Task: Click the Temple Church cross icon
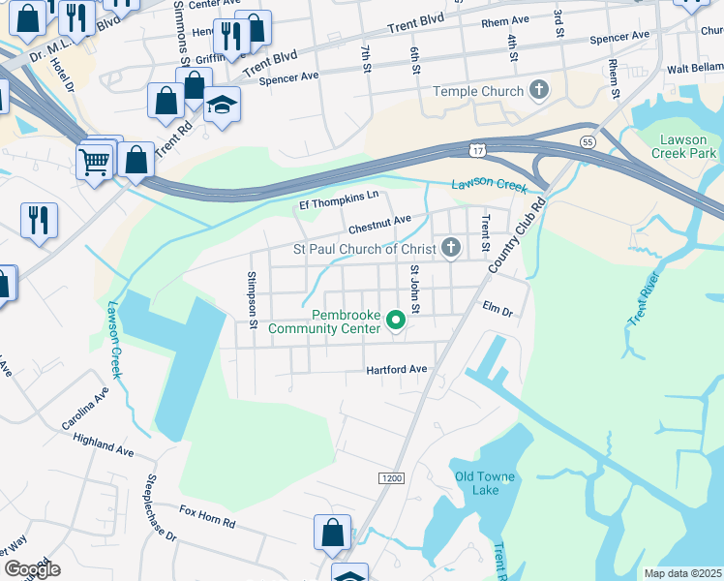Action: pyautogui.click(x=538, y=91)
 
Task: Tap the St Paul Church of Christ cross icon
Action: pyautogui.click(x=450, y=249)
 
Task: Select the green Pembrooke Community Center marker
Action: pyautogui.click(x=395, y=319)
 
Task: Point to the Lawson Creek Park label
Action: pyautogui.click(x=682, y=146)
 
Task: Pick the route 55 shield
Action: pyautogui.click(x=587, y=141)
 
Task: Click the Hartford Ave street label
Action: pyautogui.click(x=396, y=370)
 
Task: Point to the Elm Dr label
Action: pyautogui.click(x=497, y=309)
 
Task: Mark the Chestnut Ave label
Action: pyautogui.click(x=380, y=229)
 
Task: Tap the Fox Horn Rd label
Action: pyautogui.click(x=207, y=515)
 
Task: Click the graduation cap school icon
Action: pyautogui.click(x=223, y=106)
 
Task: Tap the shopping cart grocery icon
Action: pyautogui.click(x=95, y=162)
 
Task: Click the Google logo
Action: pyautogui.click(x=33, y=569)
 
